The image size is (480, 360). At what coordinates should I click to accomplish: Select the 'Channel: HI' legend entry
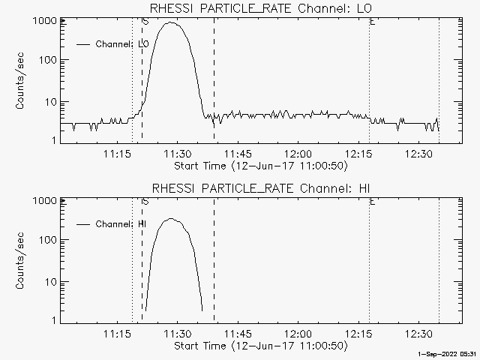tap(121, 224)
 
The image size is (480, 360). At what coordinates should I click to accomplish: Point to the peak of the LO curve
tap(172, 23)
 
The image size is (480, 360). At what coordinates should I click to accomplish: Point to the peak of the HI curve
tap(172, 219)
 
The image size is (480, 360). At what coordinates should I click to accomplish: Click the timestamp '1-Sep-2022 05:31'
tap(448, 355)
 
